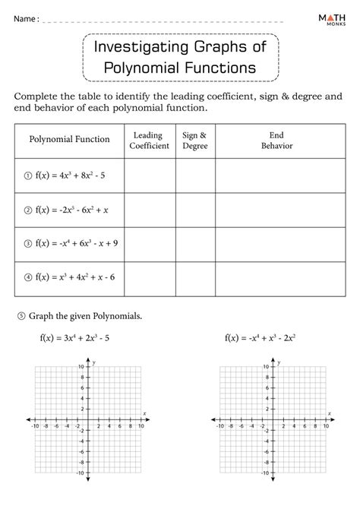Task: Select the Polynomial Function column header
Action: coord(69,139)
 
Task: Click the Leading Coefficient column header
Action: coord(150,139)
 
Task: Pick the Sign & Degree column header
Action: coord(195,139)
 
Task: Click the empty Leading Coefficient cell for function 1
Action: coord(150,176)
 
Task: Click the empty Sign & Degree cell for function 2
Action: coord(195,210)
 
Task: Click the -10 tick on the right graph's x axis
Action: coord(219,426)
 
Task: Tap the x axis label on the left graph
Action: coord(145,413)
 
